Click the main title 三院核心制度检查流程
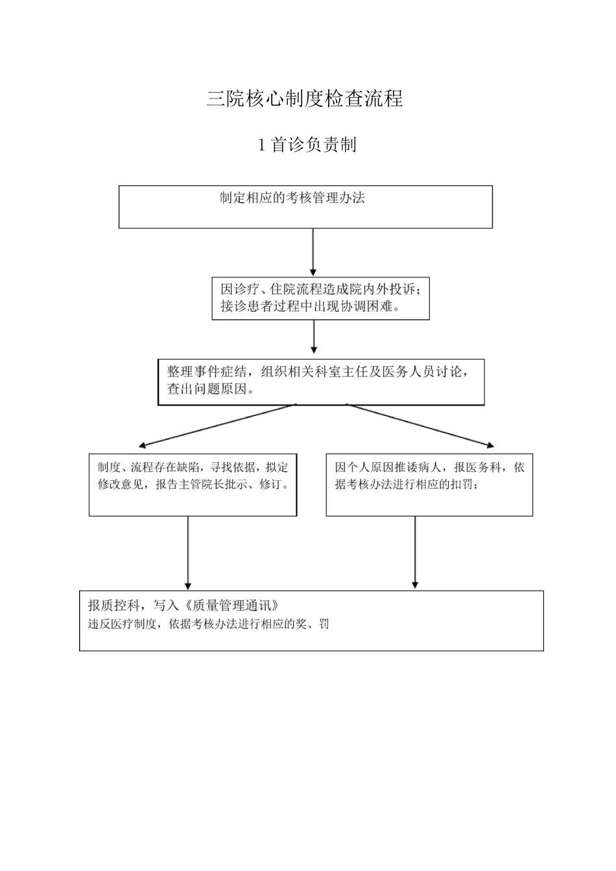tap(305, 98)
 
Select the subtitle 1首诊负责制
tap(307, 145)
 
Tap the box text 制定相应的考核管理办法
tap(292, 198)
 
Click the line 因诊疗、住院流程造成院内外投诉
tap(320, 289)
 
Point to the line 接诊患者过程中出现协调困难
tap(310, 307)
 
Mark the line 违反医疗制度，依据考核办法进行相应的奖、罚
tap(208, 625)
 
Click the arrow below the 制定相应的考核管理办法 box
tap(313, 252)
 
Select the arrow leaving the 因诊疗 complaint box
tap(314, 336)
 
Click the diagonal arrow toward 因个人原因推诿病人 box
tap(421, 426)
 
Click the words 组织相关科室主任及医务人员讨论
tap(364, 372)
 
